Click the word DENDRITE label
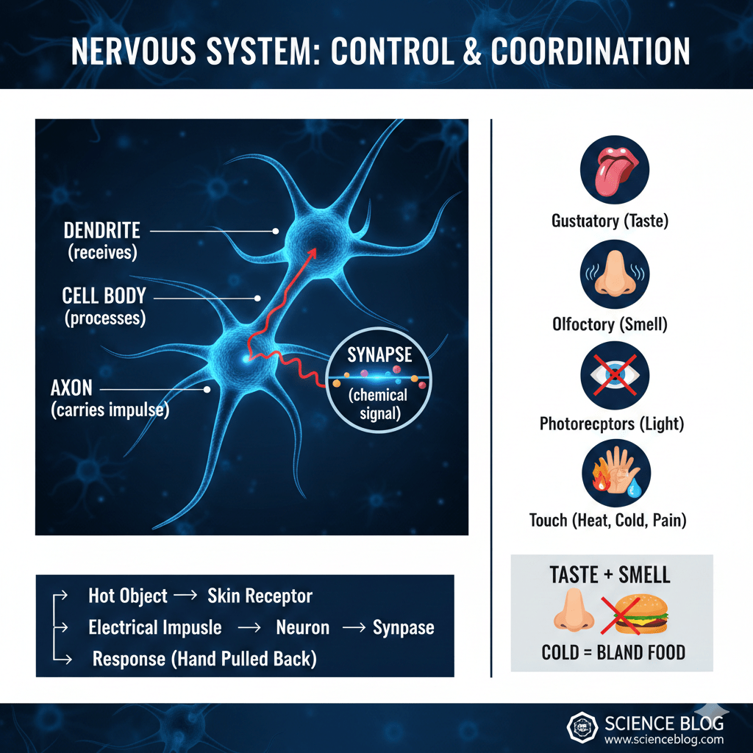pos(101,230)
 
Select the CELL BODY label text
pos(104,296)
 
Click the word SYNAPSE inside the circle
pos(379,354)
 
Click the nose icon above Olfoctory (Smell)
pos(614,273)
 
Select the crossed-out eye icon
pos(614,374)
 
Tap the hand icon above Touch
pos(614,472)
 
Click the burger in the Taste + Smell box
pos(635,616)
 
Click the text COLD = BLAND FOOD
pos(613,652)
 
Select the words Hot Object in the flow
pos(128,596)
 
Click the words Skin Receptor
pos(260,596)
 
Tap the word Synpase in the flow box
pos(403,628)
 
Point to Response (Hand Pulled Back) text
pos(204,659)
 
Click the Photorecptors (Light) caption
pos(612,424)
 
